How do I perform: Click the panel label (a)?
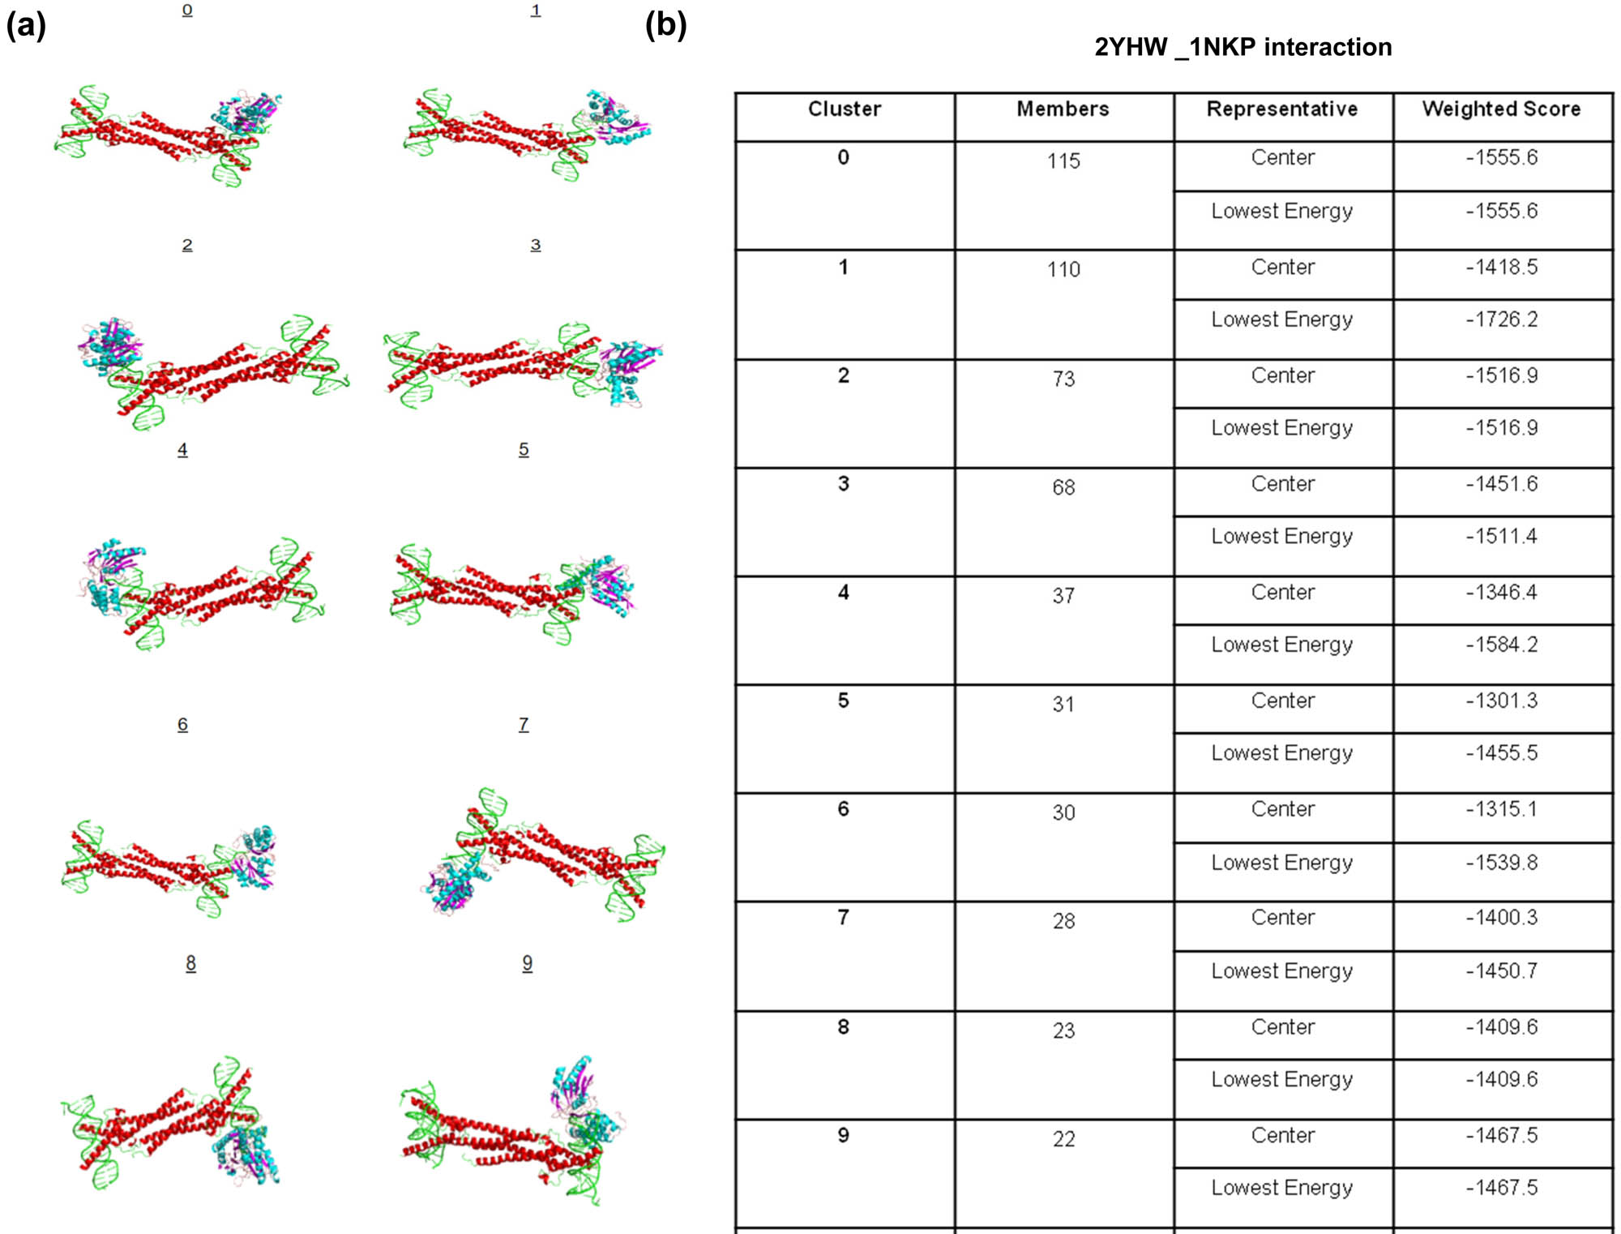(x=26, y=25)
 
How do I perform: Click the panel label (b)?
(x=665, y=24)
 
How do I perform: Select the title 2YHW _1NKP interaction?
(x=1243, y=47)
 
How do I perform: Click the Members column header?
(x=1063, y=109)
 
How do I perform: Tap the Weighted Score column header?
(x=1501, y=109)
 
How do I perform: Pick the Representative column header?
(x=1282, y=109)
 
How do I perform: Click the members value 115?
(x=1063, y=161)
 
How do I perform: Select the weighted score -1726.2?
(x=1501, y=319)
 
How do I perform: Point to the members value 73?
(x=1063, y=379)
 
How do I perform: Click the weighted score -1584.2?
(x=1501, y=645)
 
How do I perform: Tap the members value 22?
(x=1063, y=1139)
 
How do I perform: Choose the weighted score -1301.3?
(x=1501, y=701)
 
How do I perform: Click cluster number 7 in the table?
(x=843, y=917)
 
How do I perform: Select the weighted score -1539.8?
(x=1501, y=862)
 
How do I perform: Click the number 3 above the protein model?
(x=536, y=244)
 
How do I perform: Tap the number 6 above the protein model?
(x=182, y=724)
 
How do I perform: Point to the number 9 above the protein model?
(x=527, y=962)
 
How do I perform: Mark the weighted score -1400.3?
(x=1501, y=917)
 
